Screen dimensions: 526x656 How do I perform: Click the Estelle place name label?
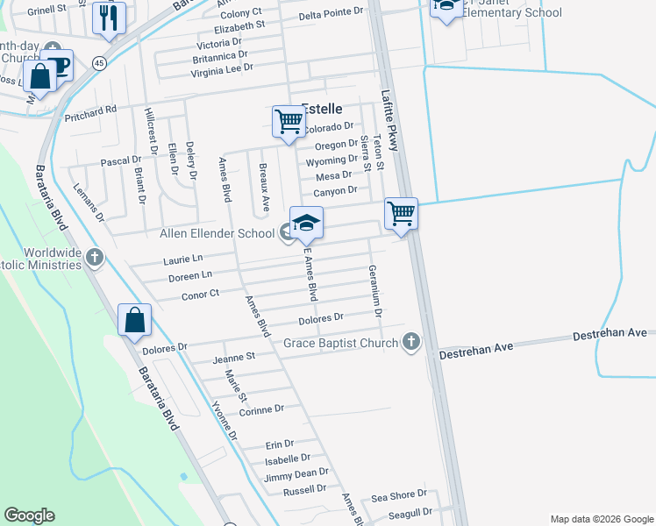(x=322, y=109)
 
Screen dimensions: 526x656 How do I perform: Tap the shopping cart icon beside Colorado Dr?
(x=288, y=122)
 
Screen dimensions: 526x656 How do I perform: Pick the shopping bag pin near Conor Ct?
(x=135, y=321)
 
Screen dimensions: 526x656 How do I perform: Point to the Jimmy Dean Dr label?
(x=296, y=476)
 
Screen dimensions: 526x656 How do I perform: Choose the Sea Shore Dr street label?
(x=399, y=495)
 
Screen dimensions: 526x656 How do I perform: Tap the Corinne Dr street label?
(x=261, y=409)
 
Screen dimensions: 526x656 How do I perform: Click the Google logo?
(x=29, y=515)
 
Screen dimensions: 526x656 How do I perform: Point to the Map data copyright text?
(x=601, y=519)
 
